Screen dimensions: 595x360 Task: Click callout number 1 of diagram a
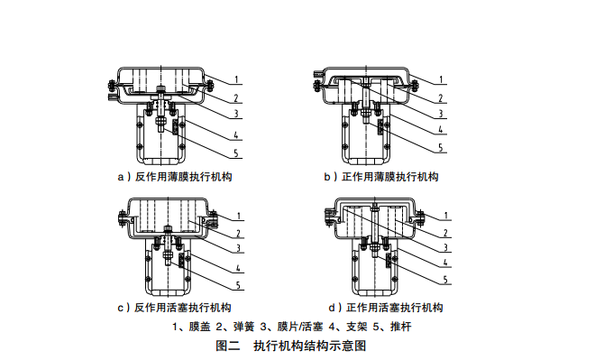(x=236, y=79)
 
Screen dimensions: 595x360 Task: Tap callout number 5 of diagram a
(x=236, y=153)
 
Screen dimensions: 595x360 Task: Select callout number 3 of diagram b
(x=441, y=114)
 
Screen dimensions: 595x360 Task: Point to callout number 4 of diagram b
(x=441, y=130)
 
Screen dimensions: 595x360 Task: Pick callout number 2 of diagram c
(x=238, y=234)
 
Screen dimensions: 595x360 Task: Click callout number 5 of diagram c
(x=238, y=285)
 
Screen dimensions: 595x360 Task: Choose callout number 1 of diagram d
(x=446, y=216)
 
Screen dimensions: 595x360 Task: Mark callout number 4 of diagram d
(x=446, y=262)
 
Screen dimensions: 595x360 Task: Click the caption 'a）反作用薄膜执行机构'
(x=175, y=177)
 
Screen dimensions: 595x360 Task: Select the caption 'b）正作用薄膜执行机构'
(x=381, y=177)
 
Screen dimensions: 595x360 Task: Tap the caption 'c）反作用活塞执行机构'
(x=175, y=308)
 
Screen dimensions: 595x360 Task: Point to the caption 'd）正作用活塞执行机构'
(x=386, y=308)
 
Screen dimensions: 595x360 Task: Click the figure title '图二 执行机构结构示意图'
(x=291, y=346)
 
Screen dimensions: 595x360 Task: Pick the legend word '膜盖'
(x=199, y=327)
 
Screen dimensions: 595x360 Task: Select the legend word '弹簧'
(x=244, y=327)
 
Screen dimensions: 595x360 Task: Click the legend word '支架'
(x=357, y=327)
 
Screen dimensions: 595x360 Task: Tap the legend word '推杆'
(x=400, y=327)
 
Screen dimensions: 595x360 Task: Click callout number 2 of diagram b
(x=441, y=98)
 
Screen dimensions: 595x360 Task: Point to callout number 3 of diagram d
(x=446, y=248)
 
